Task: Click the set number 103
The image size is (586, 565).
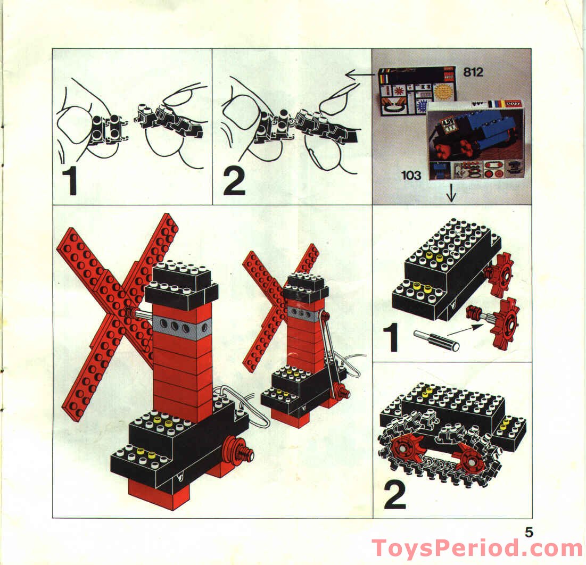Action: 411,175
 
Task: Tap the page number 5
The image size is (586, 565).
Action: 529,531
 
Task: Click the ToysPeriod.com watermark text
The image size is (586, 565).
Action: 477,548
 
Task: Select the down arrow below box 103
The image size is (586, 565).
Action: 452,195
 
